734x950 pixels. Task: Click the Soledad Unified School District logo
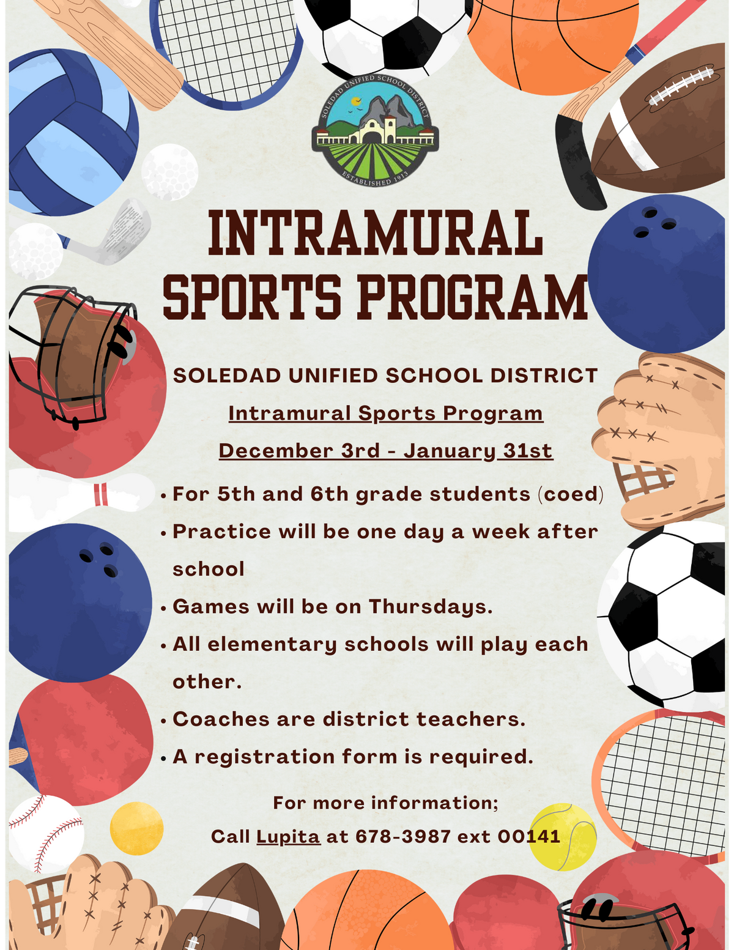(375, 132)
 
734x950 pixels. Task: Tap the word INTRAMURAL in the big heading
(375, 233)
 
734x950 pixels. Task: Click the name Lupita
(288, 836)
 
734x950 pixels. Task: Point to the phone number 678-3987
(403, 836)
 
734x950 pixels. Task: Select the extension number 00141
(528, 836)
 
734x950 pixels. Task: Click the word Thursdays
(430, 606)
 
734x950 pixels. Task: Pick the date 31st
(527, 451)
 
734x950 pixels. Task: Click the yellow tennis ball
(563, 836)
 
